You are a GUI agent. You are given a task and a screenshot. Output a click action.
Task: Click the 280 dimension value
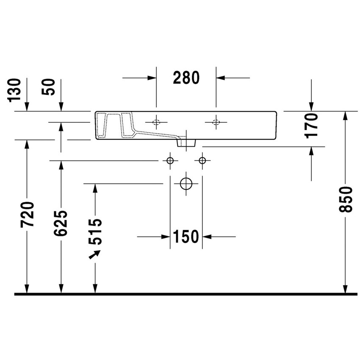point(186,78)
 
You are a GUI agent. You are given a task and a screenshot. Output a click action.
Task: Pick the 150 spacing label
point(186,237)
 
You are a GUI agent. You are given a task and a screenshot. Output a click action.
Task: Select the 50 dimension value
point(50,87)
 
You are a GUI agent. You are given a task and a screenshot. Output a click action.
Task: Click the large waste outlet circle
point(186,183)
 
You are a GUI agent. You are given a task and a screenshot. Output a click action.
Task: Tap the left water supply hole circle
point(170,161)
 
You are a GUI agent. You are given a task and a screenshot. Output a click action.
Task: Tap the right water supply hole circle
point(202,161)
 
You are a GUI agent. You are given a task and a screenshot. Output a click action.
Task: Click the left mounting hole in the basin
point(156,122)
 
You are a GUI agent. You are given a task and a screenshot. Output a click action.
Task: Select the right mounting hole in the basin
point(216,122)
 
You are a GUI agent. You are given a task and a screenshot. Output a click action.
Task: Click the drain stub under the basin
point(186,143)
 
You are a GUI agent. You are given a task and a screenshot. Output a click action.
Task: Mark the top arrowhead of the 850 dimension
point(346,116)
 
